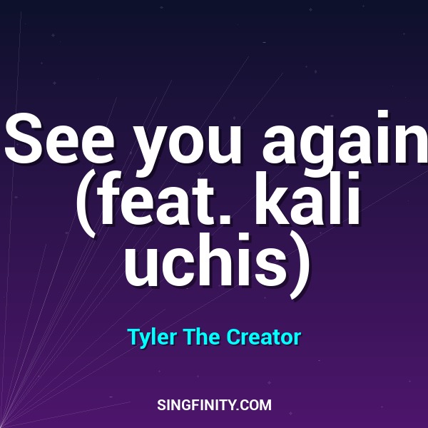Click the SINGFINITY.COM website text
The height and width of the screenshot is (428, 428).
(x=214, y=405)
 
